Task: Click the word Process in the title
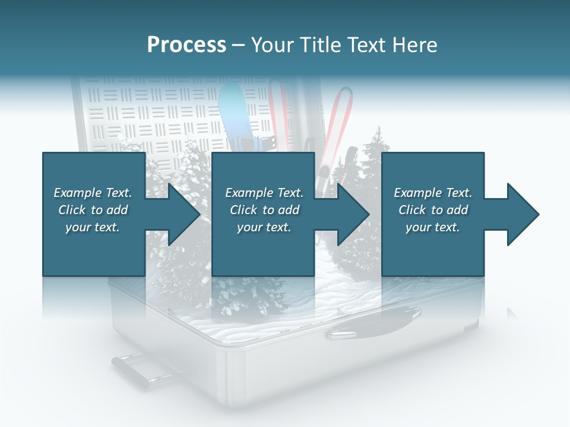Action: (x=186, y=45)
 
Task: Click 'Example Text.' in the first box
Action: (x=93, y=193)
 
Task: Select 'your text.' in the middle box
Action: (x=264, y=227)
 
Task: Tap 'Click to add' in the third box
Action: (x=433, y=210)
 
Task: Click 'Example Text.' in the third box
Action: (x=433, y=193)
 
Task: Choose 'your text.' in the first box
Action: (x=93, y=227)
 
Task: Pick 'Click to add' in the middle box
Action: (x=264, y=210)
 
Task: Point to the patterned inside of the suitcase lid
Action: (x=148, y=113)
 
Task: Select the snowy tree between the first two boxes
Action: (x=178, y=172)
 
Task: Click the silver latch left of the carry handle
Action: (x=341, y=335)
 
